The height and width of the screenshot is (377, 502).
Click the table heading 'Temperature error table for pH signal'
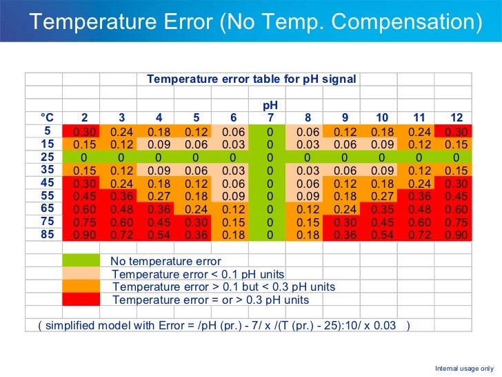coord(251,79)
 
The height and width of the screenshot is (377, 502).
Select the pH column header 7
coord(270,117)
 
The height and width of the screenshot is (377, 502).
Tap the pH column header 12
coord(456,117)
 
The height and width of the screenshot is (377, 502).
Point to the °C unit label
coord(47,117)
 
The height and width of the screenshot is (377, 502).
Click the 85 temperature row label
coord(47,235)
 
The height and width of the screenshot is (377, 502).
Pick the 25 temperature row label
coord(47,157)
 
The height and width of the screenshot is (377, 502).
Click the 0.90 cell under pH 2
coord(84,235)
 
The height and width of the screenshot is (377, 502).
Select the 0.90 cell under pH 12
coord(456,235)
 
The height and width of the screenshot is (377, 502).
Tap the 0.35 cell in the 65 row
coord(382,209)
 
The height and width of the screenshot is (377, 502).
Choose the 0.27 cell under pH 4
coord(159,196)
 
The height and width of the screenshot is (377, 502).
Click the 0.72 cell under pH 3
coord(121,235)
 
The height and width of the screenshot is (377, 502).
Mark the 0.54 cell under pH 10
coord(382,235)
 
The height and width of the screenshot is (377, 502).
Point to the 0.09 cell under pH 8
coord(308,196)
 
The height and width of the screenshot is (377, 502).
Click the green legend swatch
coord(81,261)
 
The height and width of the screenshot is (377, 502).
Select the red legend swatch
coord(81,300)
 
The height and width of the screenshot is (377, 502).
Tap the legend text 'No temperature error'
coord(165,261)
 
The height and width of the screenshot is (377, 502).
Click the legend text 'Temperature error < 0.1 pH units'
coord(198,274)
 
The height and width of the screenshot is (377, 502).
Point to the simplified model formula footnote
coord(224,325)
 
